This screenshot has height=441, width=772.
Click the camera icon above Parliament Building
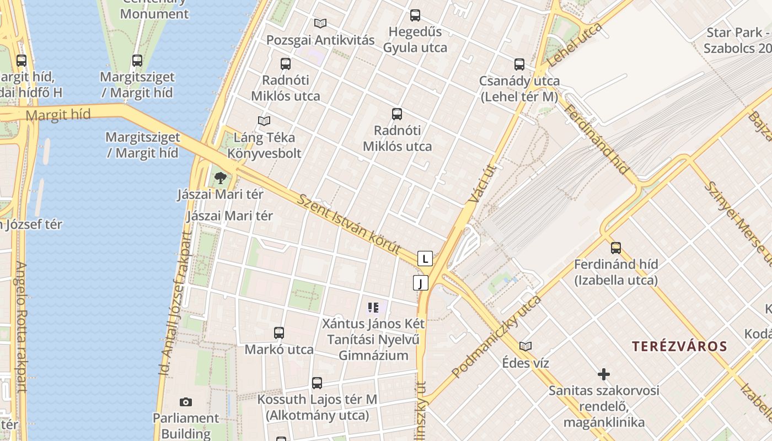pyautogui.click(x=186, y=402)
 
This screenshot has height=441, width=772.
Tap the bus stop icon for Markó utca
pyautogui.click(x=279, y=333)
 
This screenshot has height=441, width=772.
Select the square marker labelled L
pyautogui.click(x=425, y=258)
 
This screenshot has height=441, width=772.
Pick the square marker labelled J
pyautogui.click(x=421, y=283)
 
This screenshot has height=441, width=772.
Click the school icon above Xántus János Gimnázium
pyautogui.click(x=373, y=307)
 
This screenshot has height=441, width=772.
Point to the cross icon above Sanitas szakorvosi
pyautogui.click(x=604, y=375)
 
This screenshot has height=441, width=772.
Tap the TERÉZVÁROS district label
pyautogui.click(x=679, y=346)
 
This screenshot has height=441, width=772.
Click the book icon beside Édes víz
pyautogui.click(x=526, y=346)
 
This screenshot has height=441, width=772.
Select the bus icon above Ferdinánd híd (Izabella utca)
pyautogui.click(x=616, y=248)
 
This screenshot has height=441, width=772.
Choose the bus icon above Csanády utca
pyautogui.click(x=519, y=64)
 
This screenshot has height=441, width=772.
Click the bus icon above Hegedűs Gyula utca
pyautogui.click(x=415, y=15)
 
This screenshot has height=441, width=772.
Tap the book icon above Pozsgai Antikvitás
pyautogui.click(x=320, y=23)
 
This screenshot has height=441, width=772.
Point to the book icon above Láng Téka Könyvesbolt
pyautogui.click(x=264, y=121)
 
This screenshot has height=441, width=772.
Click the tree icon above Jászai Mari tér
pyautogui.click(x=221, y=178)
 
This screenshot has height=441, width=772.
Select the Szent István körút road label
pyautogui.click(x=349, y=224)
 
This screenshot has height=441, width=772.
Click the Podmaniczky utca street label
pyautogui.click(x=496, y=336)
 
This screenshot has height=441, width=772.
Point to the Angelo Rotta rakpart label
pyautogui.click(x=21, y=326)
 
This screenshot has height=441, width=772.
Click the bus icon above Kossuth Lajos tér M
pyautogui.click(x=317, y=383)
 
